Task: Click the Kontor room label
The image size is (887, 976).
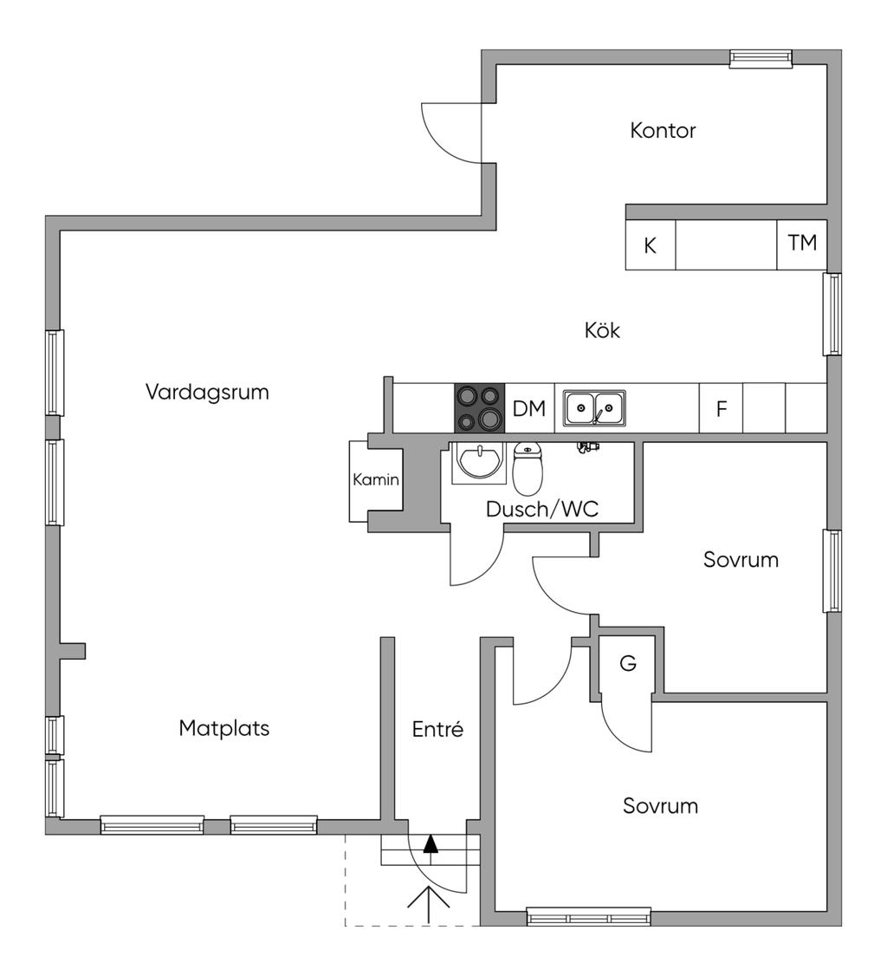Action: coord(663,131)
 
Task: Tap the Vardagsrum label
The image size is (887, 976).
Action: coord(207,392)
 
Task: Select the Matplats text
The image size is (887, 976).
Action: coord(223,728)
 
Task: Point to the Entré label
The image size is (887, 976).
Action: coord(437,730)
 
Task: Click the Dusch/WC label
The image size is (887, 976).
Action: coord(542,509)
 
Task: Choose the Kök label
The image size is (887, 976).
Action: coord(602,330)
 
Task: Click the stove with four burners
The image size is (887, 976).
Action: coord(479,408)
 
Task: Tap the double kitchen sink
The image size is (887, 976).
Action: coord(595,408)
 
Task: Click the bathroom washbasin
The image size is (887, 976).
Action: coord(479,460)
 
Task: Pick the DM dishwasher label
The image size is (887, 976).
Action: coord(529,409)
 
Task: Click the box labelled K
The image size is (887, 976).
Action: coord(650,245)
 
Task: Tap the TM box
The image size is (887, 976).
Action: coord(802,244)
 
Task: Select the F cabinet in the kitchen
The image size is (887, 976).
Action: coord(721,409)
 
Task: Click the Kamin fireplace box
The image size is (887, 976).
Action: coord(375,480)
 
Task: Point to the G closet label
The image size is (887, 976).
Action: coord(628,664)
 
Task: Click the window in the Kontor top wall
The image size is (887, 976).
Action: coord(761,58)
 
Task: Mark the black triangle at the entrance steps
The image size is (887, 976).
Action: coord(431,843)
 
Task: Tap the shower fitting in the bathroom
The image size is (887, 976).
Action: coord(587,447)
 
